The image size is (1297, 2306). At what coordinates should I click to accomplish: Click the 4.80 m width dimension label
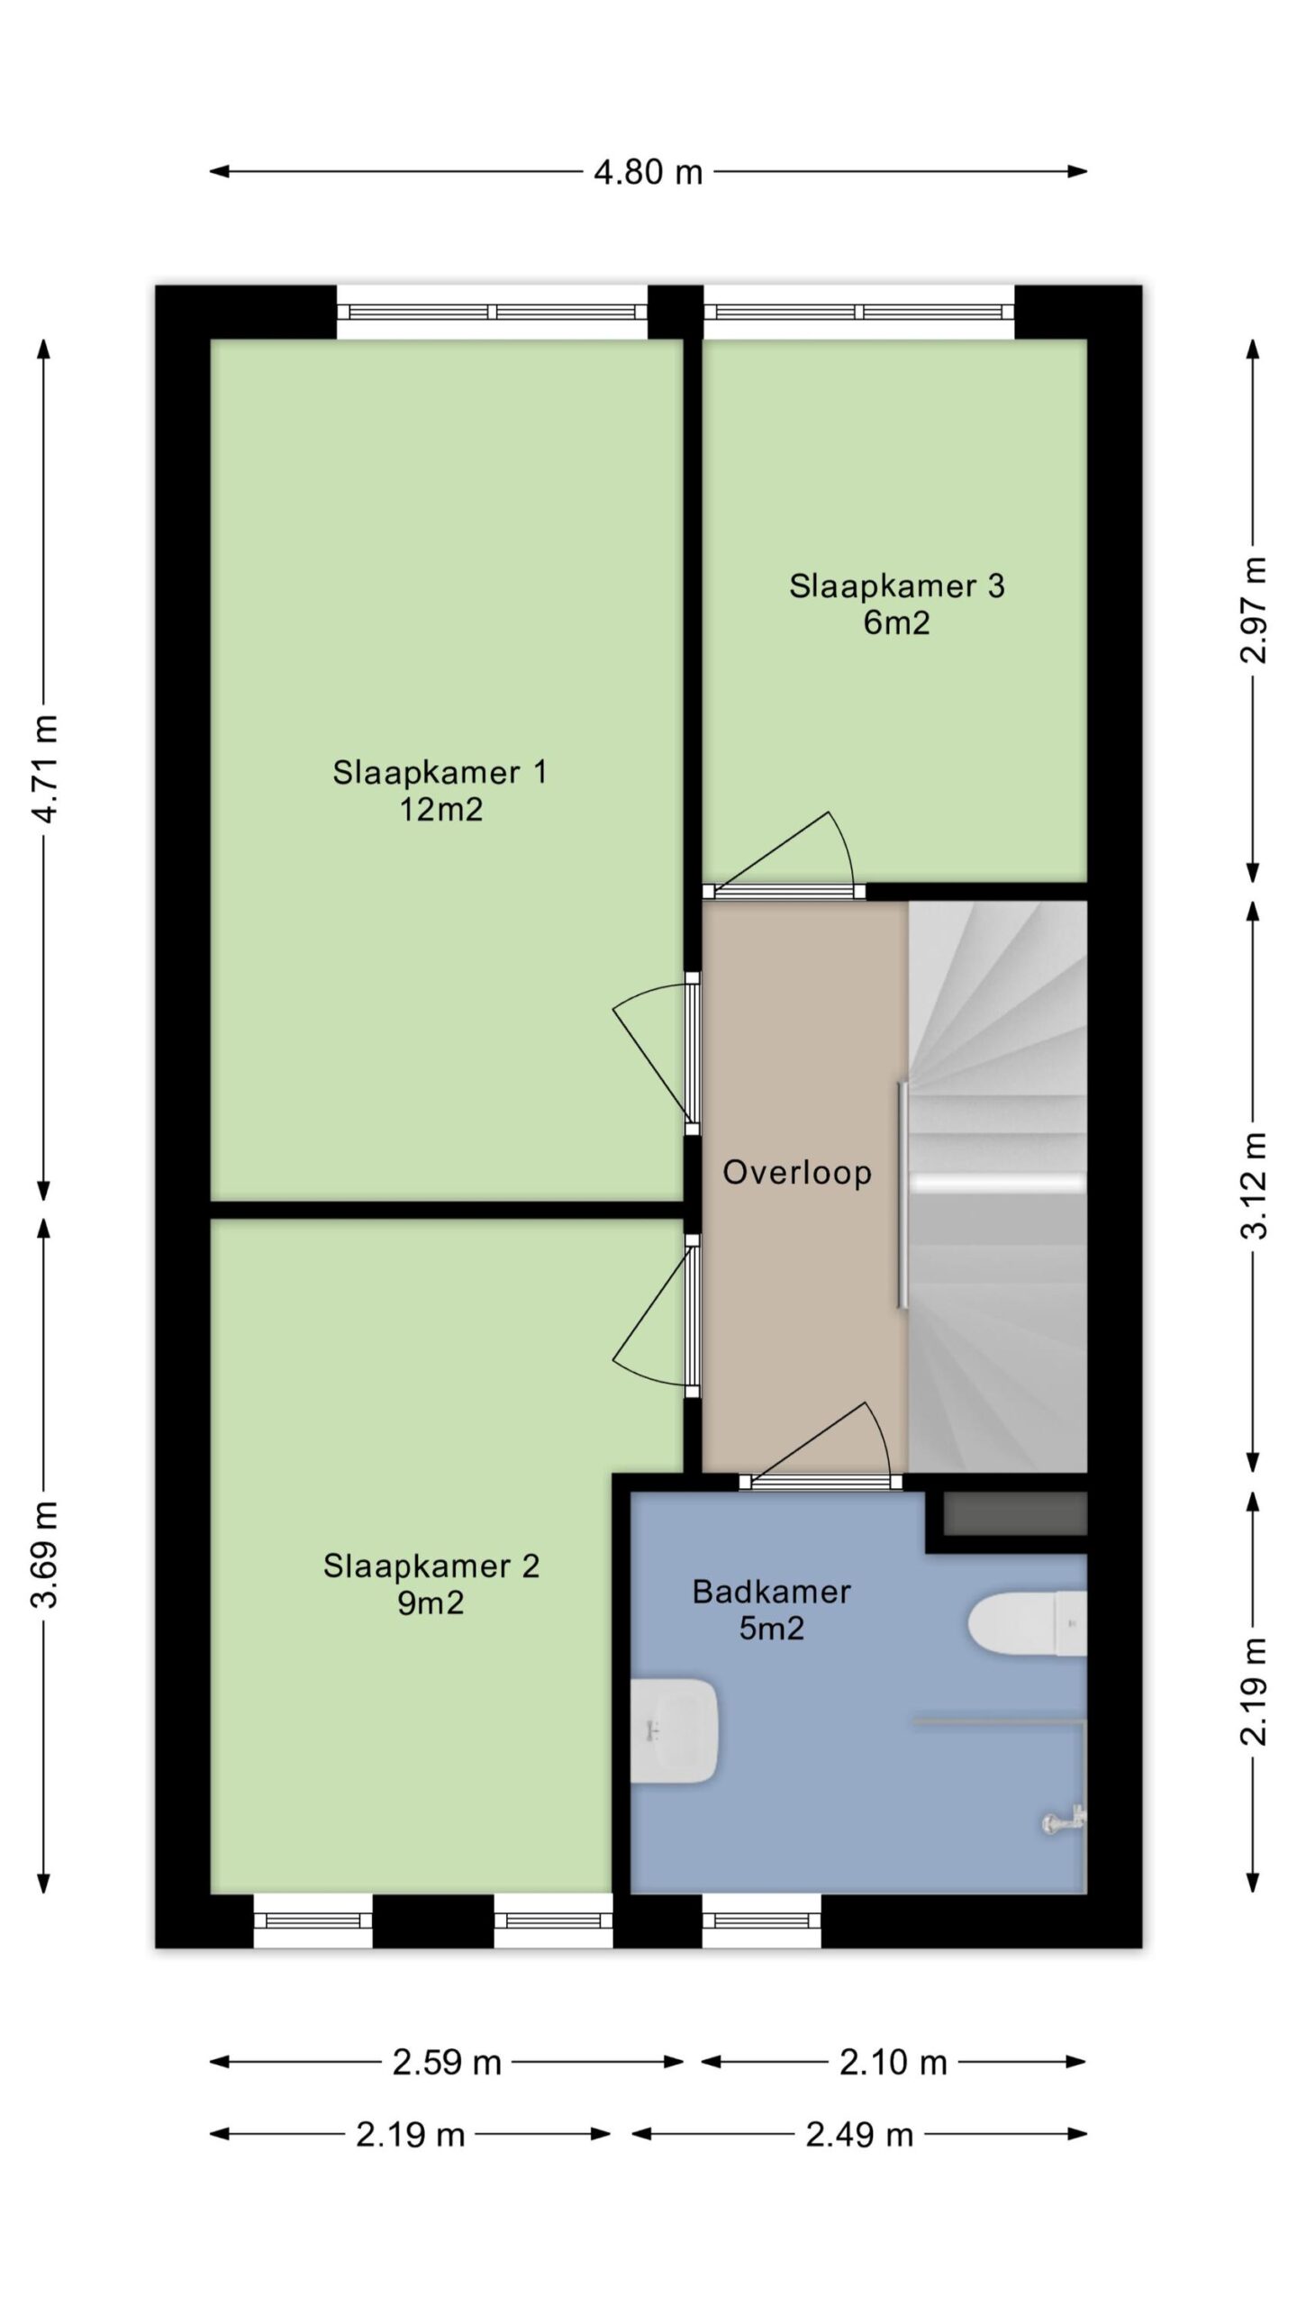click(x=648, y=171)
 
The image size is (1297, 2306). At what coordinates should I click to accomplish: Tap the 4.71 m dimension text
click(x=45, y=767)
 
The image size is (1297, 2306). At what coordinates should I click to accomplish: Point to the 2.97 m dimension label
click(x=1254, y=610)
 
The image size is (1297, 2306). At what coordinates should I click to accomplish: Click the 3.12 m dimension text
click(x=1254, y=1185)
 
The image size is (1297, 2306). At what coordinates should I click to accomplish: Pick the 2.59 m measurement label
click(x=447, y=2062)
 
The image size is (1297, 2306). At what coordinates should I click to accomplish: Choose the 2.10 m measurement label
click(x=893, y=2062)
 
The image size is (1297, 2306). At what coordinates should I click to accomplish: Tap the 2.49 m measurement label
click(x=859, y=2134)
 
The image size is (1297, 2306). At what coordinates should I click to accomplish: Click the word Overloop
click(x=797, y=1172)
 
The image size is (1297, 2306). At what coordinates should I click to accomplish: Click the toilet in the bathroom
click(x=1027, y=1623)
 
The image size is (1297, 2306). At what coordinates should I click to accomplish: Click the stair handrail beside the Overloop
click(x=902, y=1194)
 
